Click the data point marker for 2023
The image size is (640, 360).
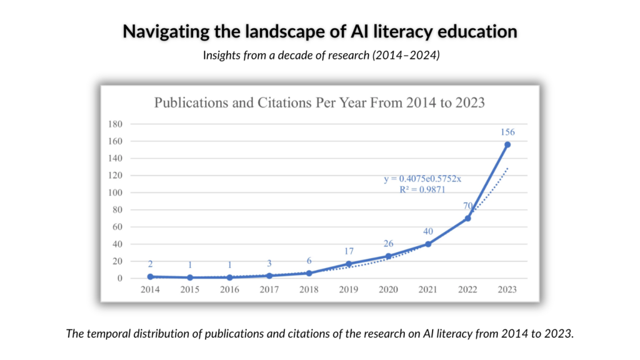tap(507, 144)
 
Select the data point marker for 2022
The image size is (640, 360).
tap(467, 218)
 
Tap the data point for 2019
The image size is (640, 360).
tap(349, 264)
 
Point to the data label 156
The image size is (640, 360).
tap(507, 132)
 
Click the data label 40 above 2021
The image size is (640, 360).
tap(427, 231)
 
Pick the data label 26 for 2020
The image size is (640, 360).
tap(388, 244)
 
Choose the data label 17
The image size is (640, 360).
tap(349, 251)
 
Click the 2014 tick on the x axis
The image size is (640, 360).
tap(150, 289)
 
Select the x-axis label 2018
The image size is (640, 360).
tap(309, 289)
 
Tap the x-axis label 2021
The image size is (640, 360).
tap(427, 289)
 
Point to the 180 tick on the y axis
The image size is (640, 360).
tap(115, 124)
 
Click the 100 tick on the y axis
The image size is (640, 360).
tap(115, 192)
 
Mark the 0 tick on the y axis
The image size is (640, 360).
tap(119, 278)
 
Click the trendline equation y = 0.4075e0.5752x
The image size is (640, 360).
tap(422, 179)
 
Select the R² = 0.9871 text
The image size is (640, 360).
tap(422, 189)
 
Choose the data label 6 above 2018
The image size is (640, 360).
tap(309, 261)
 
